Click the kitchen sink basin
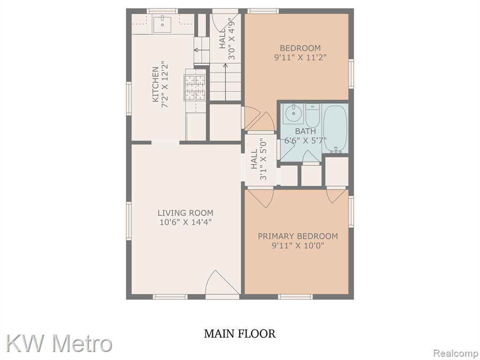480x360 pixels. [162, 24]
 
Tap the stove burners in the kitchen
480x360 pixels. [195, 88]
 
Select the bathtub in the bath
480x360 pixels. [336, 129]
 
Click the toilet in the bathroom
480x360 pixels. [313, 116]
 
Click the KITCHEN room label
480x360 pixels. [156, 84]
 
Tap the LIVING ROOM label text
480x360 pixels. [186, 213]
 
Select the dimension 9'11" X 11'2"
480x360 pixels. [300, 57]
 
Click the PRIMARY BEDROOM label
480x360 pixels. [298, 236]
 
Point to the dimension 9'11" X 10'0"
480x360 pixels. [298, 245]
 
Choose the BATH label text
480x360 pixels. [306, 131]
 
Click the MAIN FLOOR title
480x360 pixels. [240, 333]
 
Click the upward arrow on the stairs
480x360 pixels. [225, 82]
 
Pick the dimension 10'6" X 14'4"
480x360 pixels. [186, 222]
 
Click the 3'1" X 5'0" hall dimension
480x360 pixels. [263, 160]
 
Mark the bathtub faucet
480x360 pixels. [336, 149]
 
